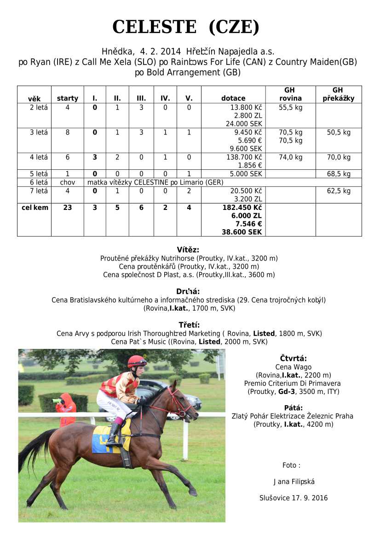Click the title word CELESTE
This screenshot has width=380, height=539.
(154, 27)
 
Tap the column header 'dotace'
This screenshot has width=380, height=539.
(233, 98)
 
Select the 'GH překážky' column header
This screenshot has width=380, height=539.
(338, 94)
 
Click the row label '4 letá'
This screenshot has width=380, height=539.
(39, 157)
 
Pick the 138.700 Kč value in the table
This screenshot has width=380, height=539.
(242, 157)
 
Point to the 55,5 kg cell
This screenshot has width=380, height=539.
(290, 107)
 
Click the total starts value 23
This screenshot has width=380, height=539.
(67, 208)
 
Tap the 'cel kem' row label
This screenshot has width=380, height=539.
(35, 208)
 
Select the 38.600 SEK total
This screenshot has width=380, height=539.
(242, 232)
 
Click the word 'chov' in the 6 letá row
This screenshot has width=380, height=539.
(67, 182)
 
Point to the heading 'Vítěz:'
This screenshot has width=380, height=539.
(188, 250)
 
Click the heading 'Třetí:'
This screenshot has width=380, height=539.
(189, 325)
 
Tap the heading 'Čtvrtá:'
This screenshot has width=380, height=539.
(293, 359)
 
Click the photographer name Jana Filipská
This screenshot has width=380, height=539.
(294, 482)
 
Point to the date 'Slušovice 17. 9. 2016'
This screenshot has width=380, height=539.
(294, 498)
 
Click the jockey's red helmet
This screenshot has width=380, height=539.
(137, 361)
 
